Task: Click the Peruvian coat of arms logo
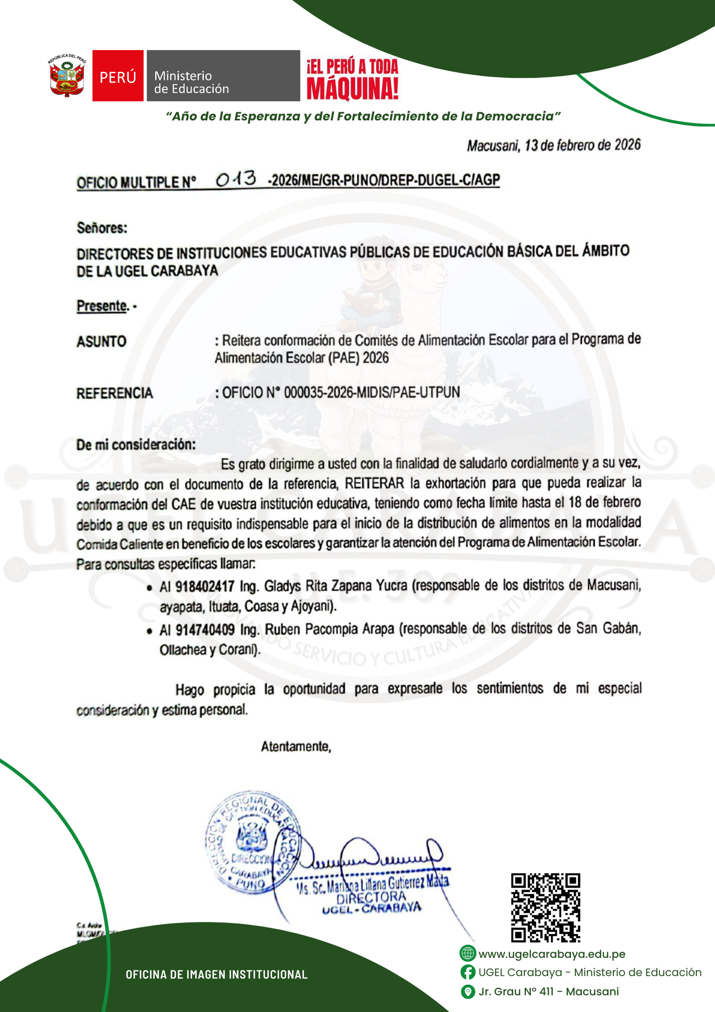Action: [67, 76]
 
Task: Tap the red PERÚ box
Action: [118, 76]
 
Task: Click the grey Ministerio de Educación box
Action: [223, 76]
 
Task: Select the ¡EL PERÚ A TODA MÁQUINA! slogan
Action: [352, 79]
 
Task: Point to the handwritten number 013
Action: [236, 179]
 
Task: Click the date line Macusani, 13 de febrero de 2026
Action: [553, 146]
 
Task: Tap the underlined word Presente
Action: [102, 306]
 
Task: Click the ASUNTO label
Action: [101, 342]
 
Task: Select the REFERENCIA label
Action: [114, 393]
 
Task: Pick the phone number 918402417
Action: [205, 587]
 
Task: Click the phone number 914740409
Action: [205, 630]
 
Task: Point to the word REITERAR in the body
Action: [374, 484]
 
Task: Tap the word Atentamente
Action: [296, 747]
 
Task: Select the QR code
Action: [546, 908]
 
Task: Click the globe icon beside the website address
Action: [468, 953]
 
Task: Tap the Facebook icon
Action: [468, 972]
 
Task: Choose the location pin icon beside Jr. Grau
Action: [468, 991]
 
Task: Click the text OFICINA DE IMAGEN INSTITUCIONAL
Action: [216, 975]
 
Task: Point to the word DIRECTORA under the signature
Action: [371, 897]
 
